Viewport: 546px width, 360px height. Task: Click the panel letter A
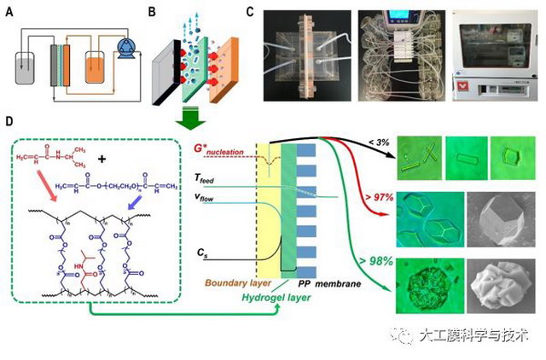coord(9,12)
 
